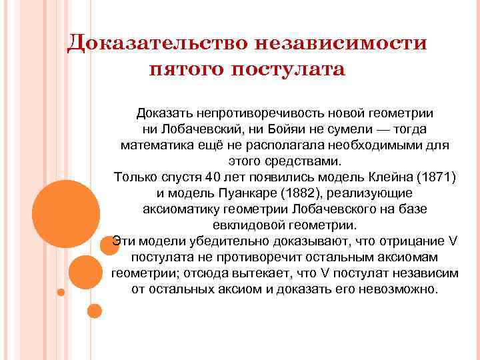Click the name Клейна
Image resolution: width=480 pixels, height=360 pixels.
(x=389, y=177)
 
